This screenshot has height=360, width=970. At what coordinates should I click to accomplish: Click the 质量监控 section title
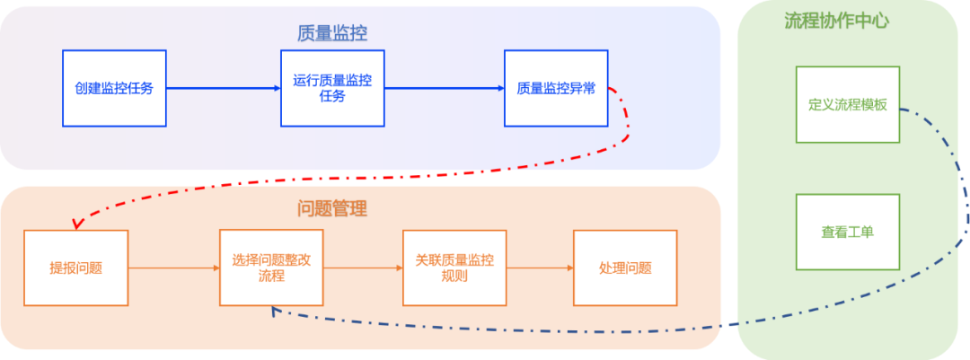click(x=331, y=33)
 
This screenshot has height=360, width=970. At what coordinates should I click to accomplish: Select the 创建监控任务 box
click(x=114, y=88)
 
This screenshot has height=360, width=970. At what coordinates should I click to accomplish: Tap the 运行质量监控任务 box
click(x=332, y=88)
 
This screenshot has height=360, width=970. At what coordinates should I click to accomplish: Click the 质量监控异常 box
click(x=556, y=88)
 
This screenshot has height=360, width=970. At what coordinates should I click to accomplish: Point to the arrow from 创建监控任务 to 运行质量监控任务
click(x=224, y=88)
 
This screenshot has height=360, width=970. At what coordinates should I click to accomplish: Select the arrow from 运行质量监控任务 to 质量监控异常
click(x=444, y=88)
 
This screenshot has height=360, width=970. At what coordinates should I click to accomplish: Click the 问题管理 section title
click(x=331, y=209)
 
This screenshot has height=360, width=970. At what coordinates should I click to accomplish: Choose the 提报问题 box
click(x=76, y=268)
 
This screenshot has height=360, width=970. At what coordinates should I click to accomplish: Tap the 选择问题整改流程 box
click(x=271, y=268)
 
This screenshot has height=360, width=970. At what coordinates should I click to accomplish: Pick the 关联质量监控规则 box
click(x=454, y=268)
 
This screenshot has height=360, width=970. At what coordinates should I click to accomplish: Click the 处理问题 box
click(x=625, y=268)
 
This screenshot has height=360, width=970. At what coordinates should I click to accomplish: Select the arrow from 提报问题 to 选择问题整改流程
click(x=174, y=268)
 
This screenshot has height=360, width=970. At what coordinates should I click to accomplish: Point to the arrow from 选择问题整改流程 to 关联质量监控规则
click(x=363, y=268)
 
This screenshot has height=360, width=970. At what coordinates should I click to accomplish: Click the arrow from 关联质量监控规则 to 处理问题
click(x=540, y=268)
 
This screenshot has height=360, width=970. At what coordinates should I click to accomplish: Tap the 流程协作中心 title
click(x=836, y=21)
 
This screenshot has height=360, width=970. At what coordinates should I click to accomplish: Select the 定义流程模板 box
click(x=847, y=104)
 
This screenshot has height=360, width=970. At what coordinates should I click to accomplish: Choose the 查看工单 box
click(x=847, y=232)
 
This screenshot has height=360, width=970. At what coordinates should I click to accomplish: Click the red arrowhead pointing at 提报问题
click(x=77, y=224)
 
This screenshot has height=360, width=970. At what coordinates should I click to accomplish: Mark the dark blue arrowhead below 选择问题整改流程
click(x=275, y=311)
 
